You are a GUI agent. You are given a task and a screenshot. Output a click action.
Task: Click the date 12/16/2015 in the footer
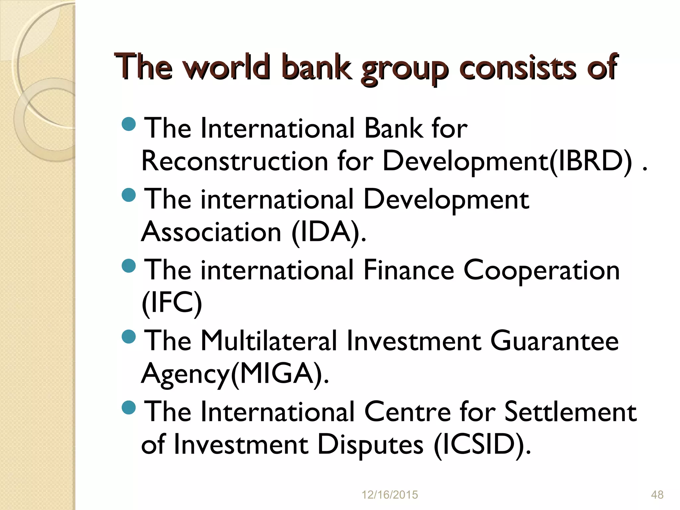(x=389, y=495)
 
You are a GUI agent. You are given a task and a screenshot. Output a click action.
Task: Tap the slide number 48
(x=657, y=495)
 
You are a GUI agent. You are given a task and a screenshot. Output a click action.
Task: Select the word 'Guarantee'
(x=554, y=341)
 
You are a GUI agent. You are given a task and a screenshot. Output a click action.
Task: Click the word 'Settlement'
(x=570, y=412)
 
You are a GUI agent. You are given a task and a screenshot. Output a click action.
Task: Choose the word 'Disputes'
(x=370, y=445)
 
